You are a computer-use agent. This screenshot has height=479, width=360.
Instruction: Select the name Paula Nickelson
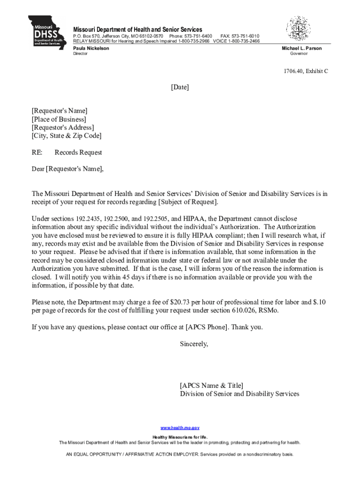point(91,48)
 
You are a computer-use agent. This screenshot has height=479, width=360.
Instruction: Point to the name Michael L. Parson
point(302,48)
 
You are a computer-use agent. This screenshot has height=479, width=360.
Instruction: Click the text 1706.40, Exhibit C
point(304,71)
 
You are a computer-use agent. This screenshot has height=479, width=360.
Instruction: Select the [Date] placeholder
point(180,87)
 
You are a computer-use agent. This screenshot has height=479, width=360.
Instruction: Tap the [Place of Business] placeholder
point(59,119)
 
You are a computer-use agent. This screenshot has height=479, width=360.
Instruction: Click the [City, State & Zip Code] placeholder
point(66,136)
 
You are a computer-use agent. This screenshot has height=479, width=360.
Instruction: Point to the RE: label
point(37,152)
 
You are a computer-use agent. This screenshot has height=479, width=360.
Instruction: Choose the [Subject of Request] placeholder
point(188,202)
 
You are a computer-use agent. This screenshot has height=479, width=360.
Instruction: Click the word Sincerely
point(194,344)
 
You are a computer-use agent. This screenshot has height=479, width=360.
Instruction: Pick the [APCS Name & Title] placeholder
point(211,385)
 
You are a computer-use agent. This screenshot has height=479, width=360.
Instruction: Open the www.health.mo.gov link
point(180,428)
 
